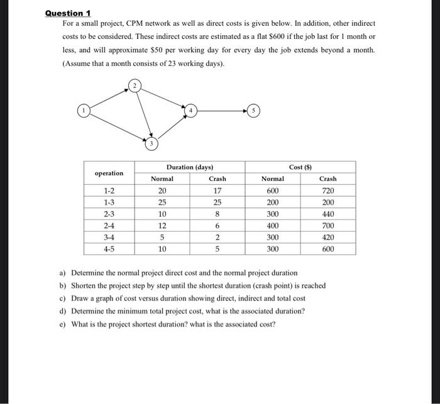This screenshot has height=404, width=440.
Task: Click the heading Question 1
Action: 69,13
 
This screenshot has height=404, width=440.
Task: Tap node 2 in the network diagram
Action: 133,85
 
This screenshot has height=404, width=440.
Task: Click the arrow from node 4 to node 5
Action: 220,111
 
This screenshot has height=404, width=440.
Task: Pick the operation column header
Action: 109,173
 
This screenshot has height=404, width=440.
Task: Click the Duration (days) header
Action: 189,167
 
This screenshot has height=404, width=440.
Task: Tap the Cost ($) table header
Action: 300,167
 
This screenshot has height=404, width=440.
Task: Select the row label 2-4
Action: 109,226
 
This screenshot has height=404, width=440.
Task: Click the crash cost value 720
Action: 327,191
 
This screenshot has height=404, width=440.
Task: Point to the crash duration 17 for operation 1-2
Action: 217,191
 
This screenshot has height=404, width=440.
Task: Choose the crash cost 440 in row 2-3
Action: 327,214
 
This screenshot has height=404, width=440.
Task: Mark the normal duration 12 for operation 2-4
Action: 162,226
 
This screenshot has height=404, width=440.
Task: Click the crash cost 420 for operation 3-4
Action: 327,237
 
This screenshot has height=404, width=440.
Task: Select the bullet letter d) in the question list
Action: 63,311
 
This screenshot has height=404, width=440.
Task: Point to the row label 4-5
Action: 109,249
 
